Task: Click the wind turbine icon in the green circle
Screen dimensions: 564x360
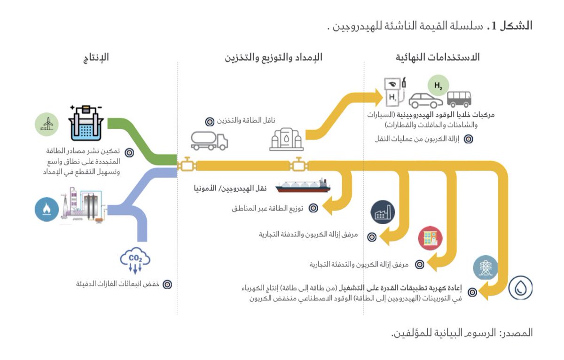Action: point(47,124)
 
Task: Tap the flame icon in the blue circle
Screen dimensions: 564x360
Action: point(47,209)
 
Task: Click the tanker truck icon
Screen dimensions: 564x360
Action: point(209,140)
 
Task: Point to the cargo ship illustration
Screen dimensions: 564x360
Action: point(303,185)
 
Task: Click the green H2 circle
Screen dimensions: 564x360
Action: point(438,86)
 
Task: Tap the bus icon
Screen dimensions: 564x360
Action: point(459,99)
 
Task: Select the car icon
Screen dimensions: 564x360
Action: point(426,100)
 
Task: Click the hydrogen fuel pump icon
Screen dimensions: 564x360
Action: point(393,92)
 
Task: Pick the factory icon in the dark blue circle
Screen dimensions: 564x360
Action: point(383,213)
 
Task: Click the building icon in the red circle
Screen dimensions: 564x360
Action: point(431,238)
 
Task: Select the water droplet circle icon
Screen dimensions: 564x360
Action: point(521,288)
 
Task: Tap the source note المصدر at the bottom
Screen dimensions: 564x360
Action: point(462,333)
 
